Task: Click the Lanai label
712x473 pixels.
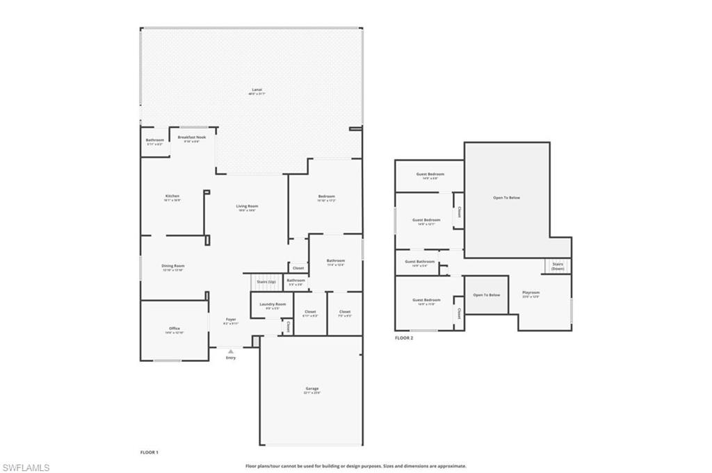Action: tap(257, 90)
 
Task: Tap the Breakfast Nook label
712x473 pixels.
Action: tap(191, 138)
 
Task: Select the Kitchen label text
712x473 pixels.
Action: tap(172, 196)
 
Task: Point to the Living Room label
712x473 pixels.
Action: tap(247, 206)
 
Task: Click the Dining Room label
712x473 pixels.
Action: tap(172, 266)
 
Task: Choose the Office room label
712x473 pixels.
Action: tap(174, 329)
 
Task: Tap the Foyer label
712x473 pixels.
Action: tap(231, 320)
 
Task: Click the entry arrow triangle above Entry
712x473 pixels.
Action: tap(231, 351)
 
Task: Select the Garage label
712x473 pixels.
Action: tap(311, 388)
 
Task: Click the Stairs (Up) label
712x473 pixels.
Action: tap(266, 281)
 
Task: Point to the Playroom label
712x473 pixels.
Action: tap(531, 292)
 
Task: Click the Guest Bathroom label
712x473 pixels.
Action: tap(419, 262)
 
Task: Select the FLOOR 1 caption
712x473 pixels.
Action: tap(149, 452)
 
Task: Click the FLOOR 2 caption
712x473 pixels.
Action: tap(404, 338)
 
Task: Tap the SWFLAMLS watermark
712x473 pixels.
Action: tap(26, 467)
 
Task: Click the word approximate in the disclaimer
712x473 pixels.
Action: tap(450, 466)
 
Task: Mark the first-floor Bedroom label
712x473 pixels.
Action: tap(327, 196)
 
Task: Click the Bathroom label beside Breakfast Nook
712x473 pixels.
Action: tap(154, 140)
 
